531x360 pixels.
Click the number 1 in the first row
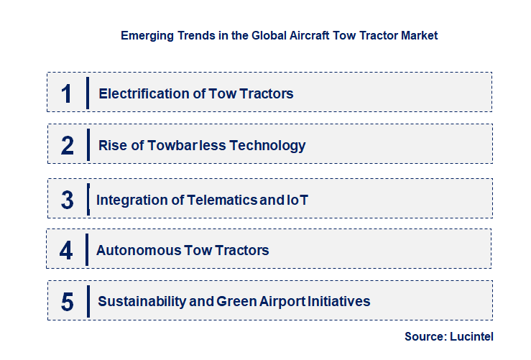pos(67,93)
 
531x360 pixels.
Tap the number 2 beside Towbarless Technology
pos(68,146)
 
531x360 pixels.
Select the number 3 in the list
pos(68,200)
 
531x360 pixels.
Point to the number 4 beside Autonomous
pos(67,251)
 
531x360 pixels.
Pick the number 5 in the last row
pos(68,302)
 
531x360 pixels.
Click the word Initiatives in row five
pos(340,302)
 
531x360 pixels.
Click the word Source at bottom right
pos(424,336)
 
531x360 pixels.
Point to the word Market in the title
pos(417,34)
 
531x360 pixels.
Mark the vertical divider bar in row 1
pos(88,93)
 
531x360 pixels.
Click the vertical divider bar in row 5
pos(88,300)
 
